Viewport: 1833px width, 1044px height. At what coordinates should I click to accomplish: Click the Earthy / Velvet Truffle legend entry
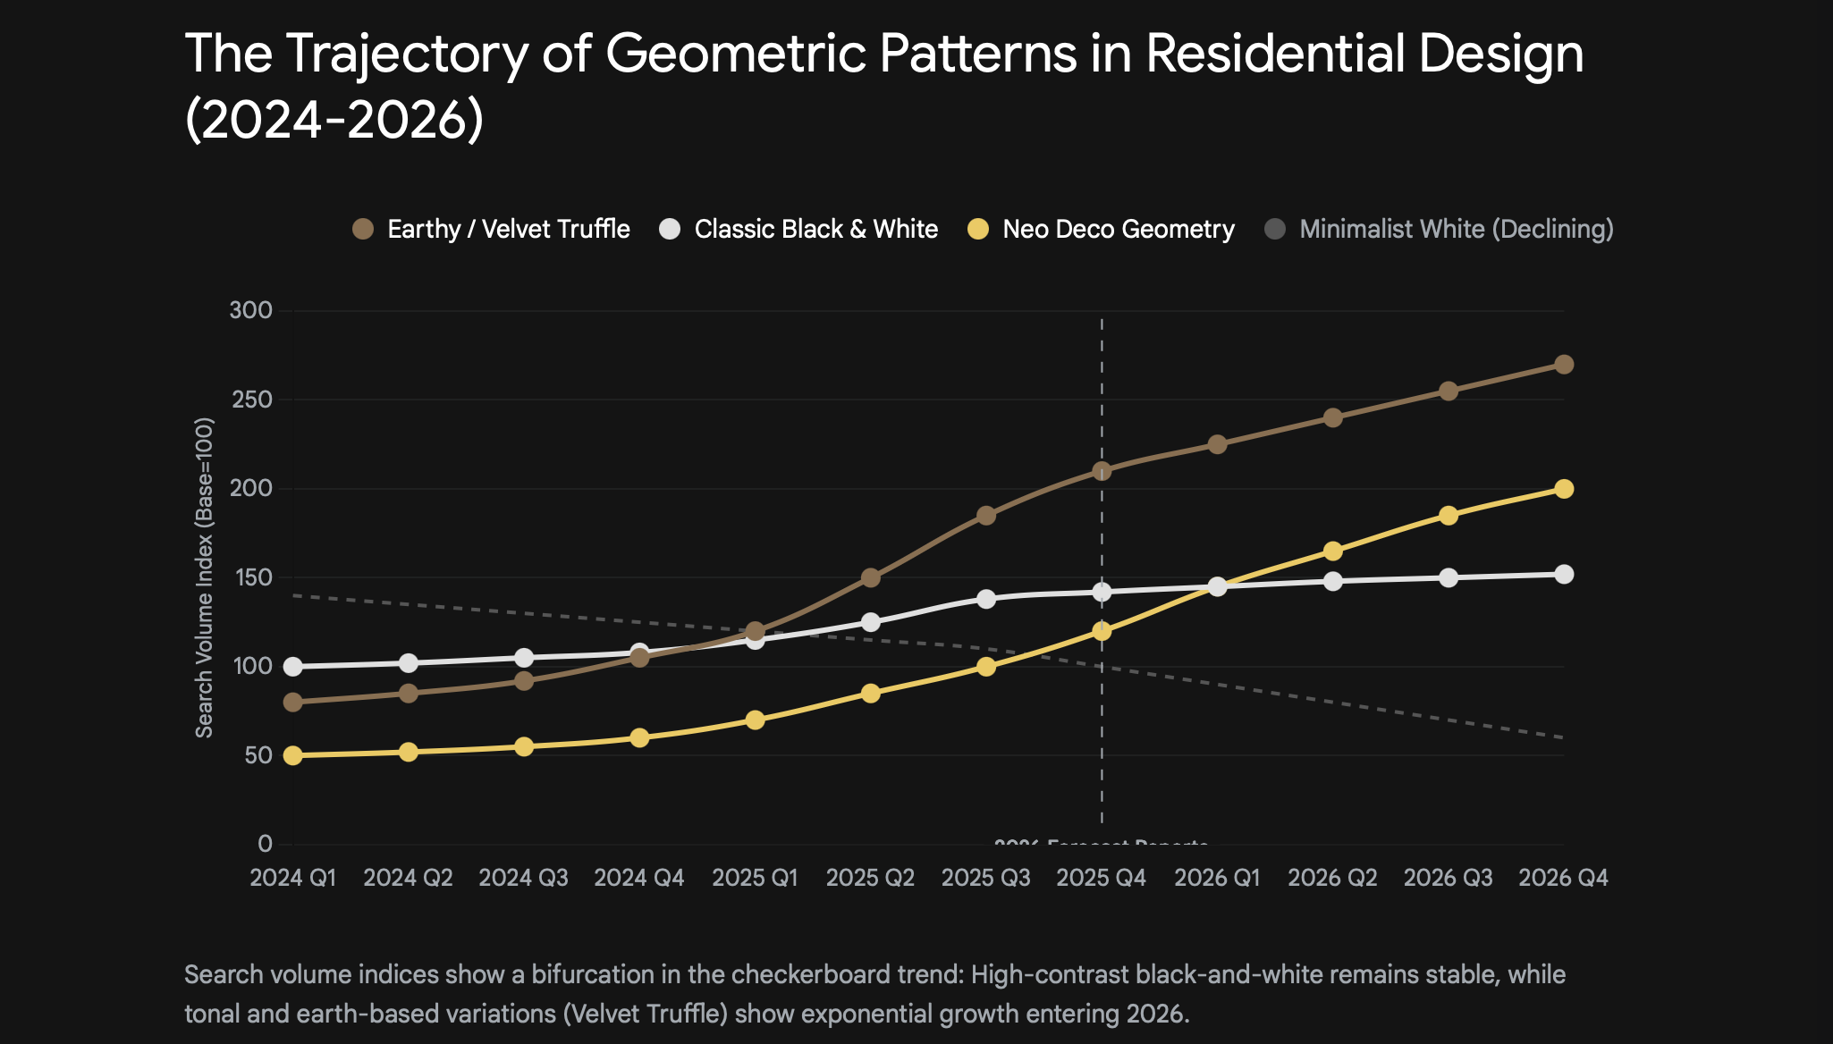(492, 230)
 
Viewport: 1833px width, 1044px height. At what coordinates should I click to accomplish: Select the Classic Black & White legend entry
(799, 230)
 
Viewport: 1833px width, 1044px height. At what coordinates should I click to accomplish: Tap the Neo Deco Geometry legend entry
(1102, 230)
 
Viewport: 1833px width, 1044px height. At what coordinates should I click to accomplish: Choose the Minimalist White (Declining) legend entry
(1440, 230)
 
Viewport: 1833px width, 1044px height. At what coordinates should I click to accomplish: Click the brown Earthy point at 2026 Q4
(1564, 365)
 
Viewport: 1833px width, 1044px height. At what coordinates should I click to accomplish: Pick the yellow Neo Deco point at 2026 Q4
(1564, 489)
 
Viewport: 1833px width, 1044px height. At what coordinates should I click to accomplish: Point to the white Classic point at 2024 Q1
(292, 667)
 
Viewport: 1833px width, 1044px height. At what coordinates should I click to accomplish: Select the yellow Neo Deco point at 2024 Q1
(292, 755)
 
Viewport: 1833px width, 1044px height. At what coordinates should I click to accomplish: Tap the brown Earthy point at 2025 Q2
(870, 578)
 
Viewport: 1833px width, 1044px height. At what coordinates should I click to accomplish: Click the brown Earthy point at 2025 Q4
(1102, 471)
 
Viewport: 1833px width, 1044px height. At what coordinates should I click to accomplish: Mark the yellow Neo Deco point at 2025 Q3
(985, 667)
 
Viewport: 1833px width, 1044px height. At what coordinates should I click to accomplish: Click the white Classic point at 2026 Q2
(1332, 581)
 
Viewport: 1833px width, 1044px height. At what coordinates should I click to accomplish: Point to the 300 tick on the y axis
(251, 311)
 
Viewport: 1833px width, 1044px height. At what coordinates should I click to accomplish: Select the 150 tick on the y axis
(251, 577)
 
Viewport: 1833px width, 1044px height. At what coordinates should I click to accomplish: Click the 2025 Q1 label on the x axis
(755, 878)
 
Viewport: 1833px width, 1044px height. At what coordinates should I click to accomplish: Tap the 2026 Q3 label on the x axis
(1448, 878)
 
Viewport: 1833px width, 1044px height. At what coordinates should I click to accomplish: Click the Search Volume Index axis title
(205, 577)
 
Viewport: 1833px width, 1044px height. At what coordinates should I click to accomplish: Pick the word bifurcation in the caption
(593, 974)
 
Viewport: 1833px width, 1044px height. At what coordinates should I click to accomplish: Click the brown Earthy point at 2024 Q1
(292, 703)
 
